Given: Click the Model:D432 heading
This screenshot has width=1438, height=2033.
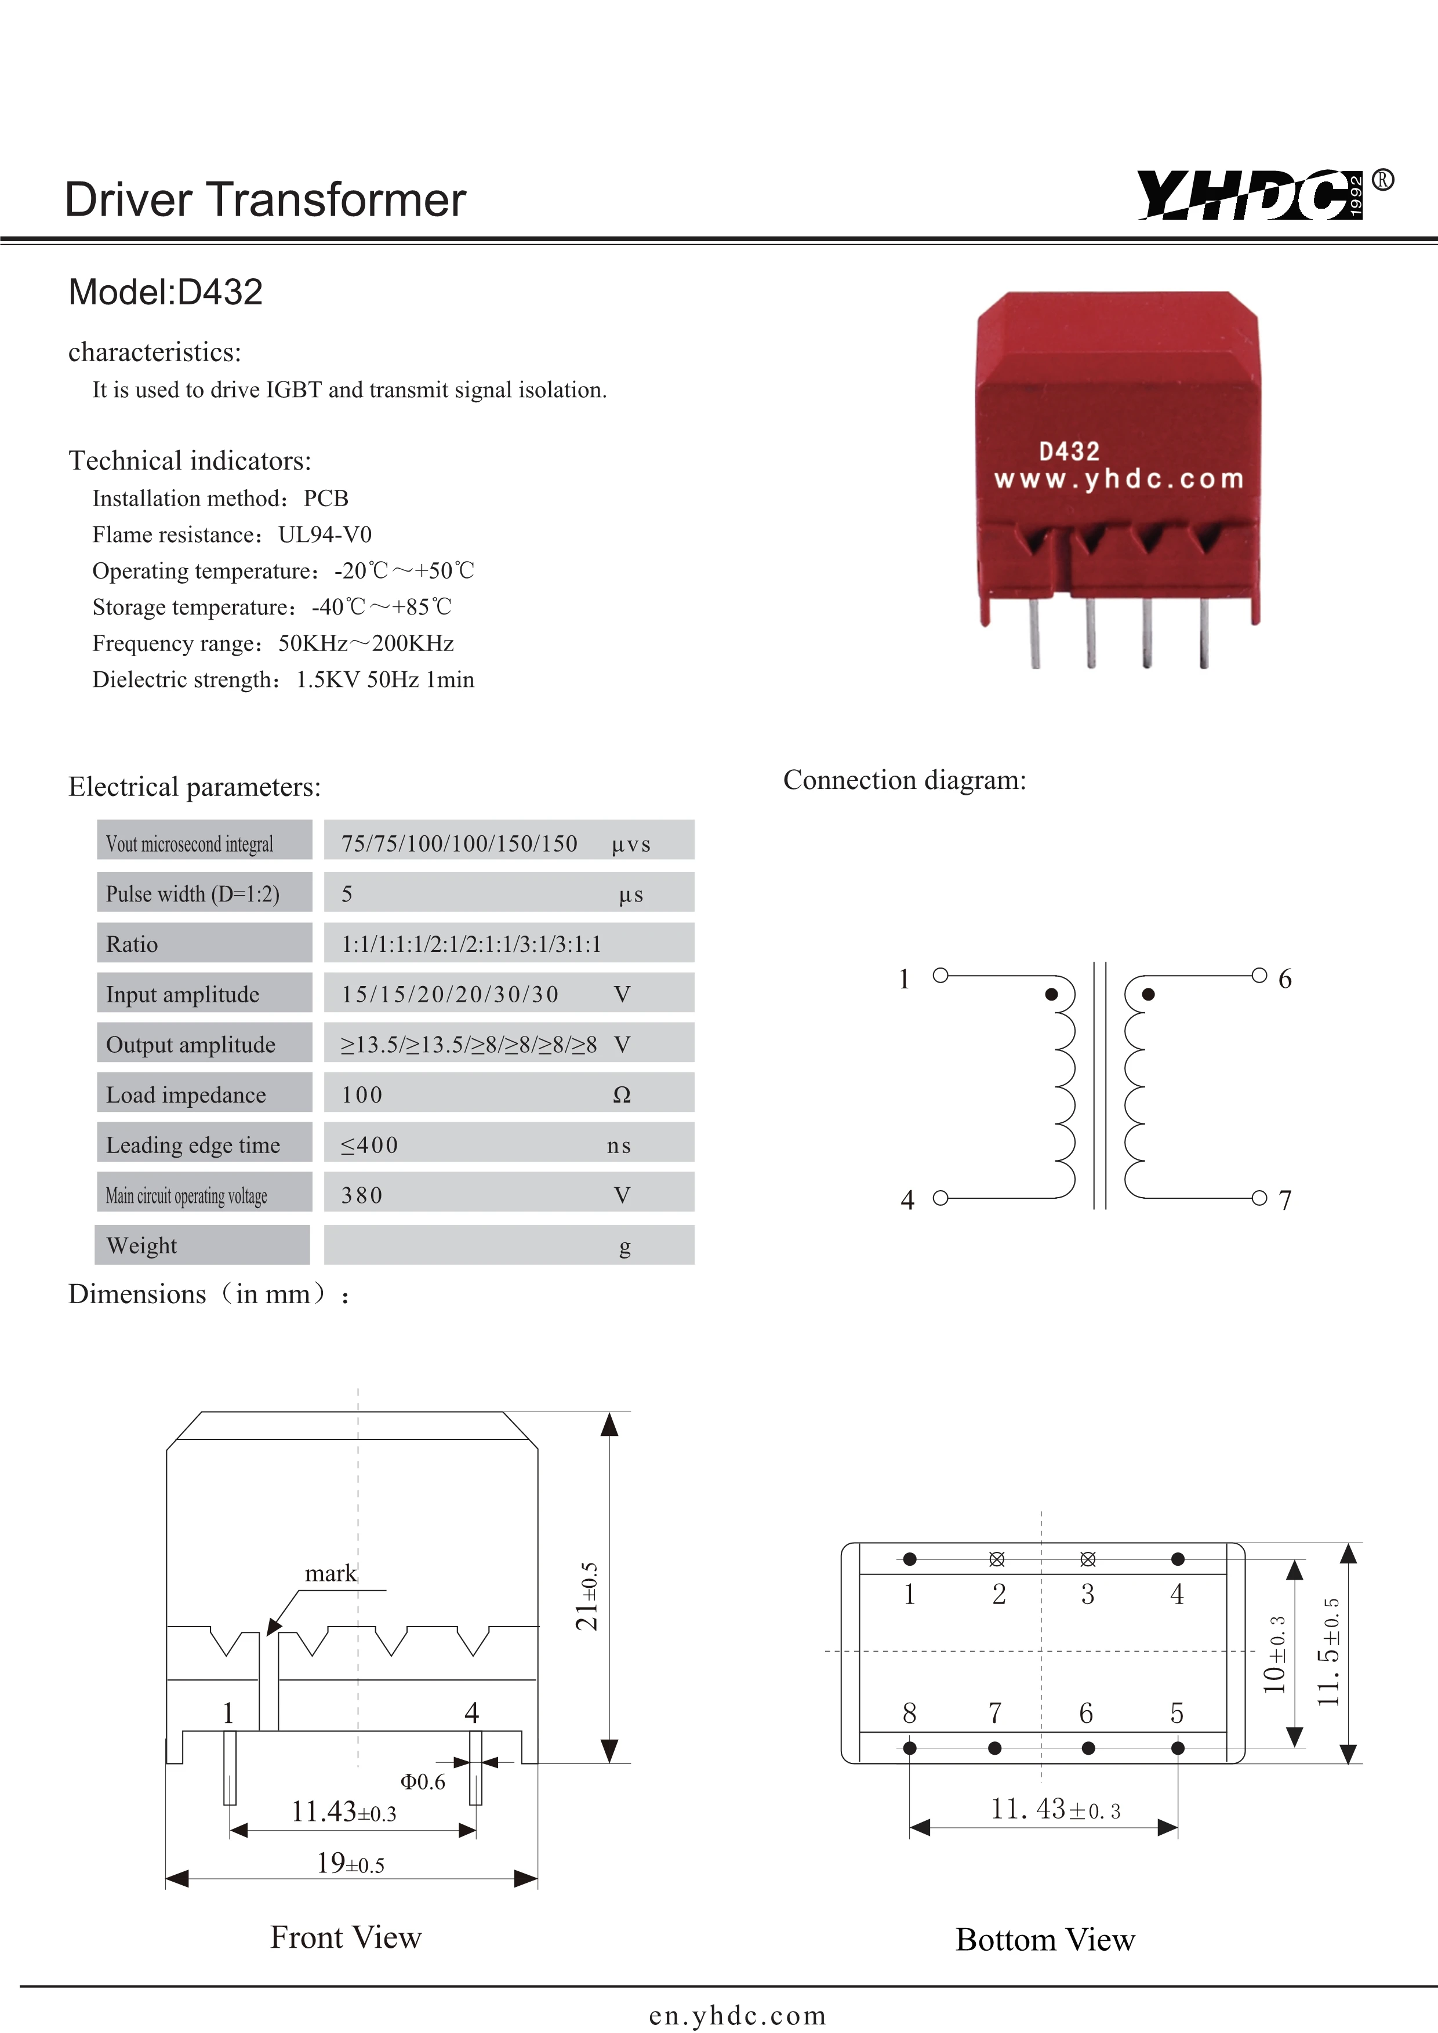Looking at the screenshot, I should click(166, 292).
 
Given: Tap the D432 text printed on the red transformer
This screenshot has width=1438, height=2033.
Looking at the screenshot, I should click(1069, 452).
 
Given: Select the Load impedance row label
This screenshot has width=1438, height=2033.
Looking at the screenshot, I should click(186, 1094).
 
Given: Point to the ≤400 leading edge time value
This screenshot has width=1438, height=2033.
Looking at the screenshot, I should click(370, 1145).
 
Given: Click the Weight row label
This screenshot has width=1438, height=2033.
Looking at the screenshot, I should click(141, 1246).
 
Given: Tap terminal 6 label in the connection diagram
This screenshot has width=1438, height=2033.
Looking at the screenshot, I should click(1285, 979).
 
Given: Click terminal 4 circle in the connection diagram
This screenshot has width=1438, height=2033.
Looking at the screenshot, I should click(940, 1198).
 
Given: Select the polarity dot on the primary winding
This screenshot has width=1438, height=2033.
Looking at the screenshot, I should click(1051, 994).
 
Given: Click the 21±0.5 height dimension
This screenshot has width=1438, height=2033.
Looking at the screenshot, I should click(587, 1596).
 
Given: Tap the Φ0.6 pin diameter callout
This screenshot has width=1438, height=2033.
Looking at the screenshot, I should click(422, 1781).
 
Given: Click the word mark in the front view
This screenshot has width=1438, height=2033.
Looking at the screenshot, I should click(331, 1573).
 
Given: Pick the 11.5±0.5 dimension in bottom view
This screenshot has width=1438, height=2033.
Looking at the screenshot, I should click(1328, 1652).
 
